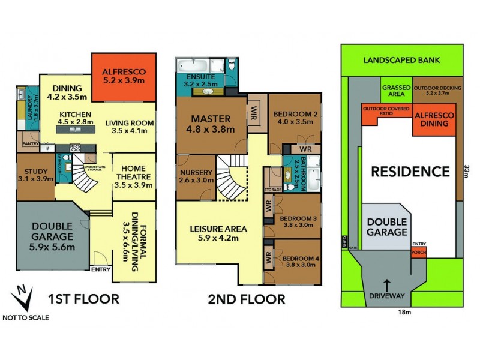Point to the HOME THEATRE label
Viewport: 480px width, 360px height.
tap(134, 177)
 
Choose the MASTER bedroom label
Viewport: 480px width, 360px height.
tap(211, 122)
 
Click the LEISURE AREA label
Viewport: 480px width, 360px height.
tap(219, 233)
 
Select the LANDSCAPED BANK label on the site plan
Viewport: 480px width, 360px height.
tap(401, 60)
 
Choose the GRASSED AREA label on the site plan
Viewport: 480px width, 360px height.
tap(396, 91)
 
